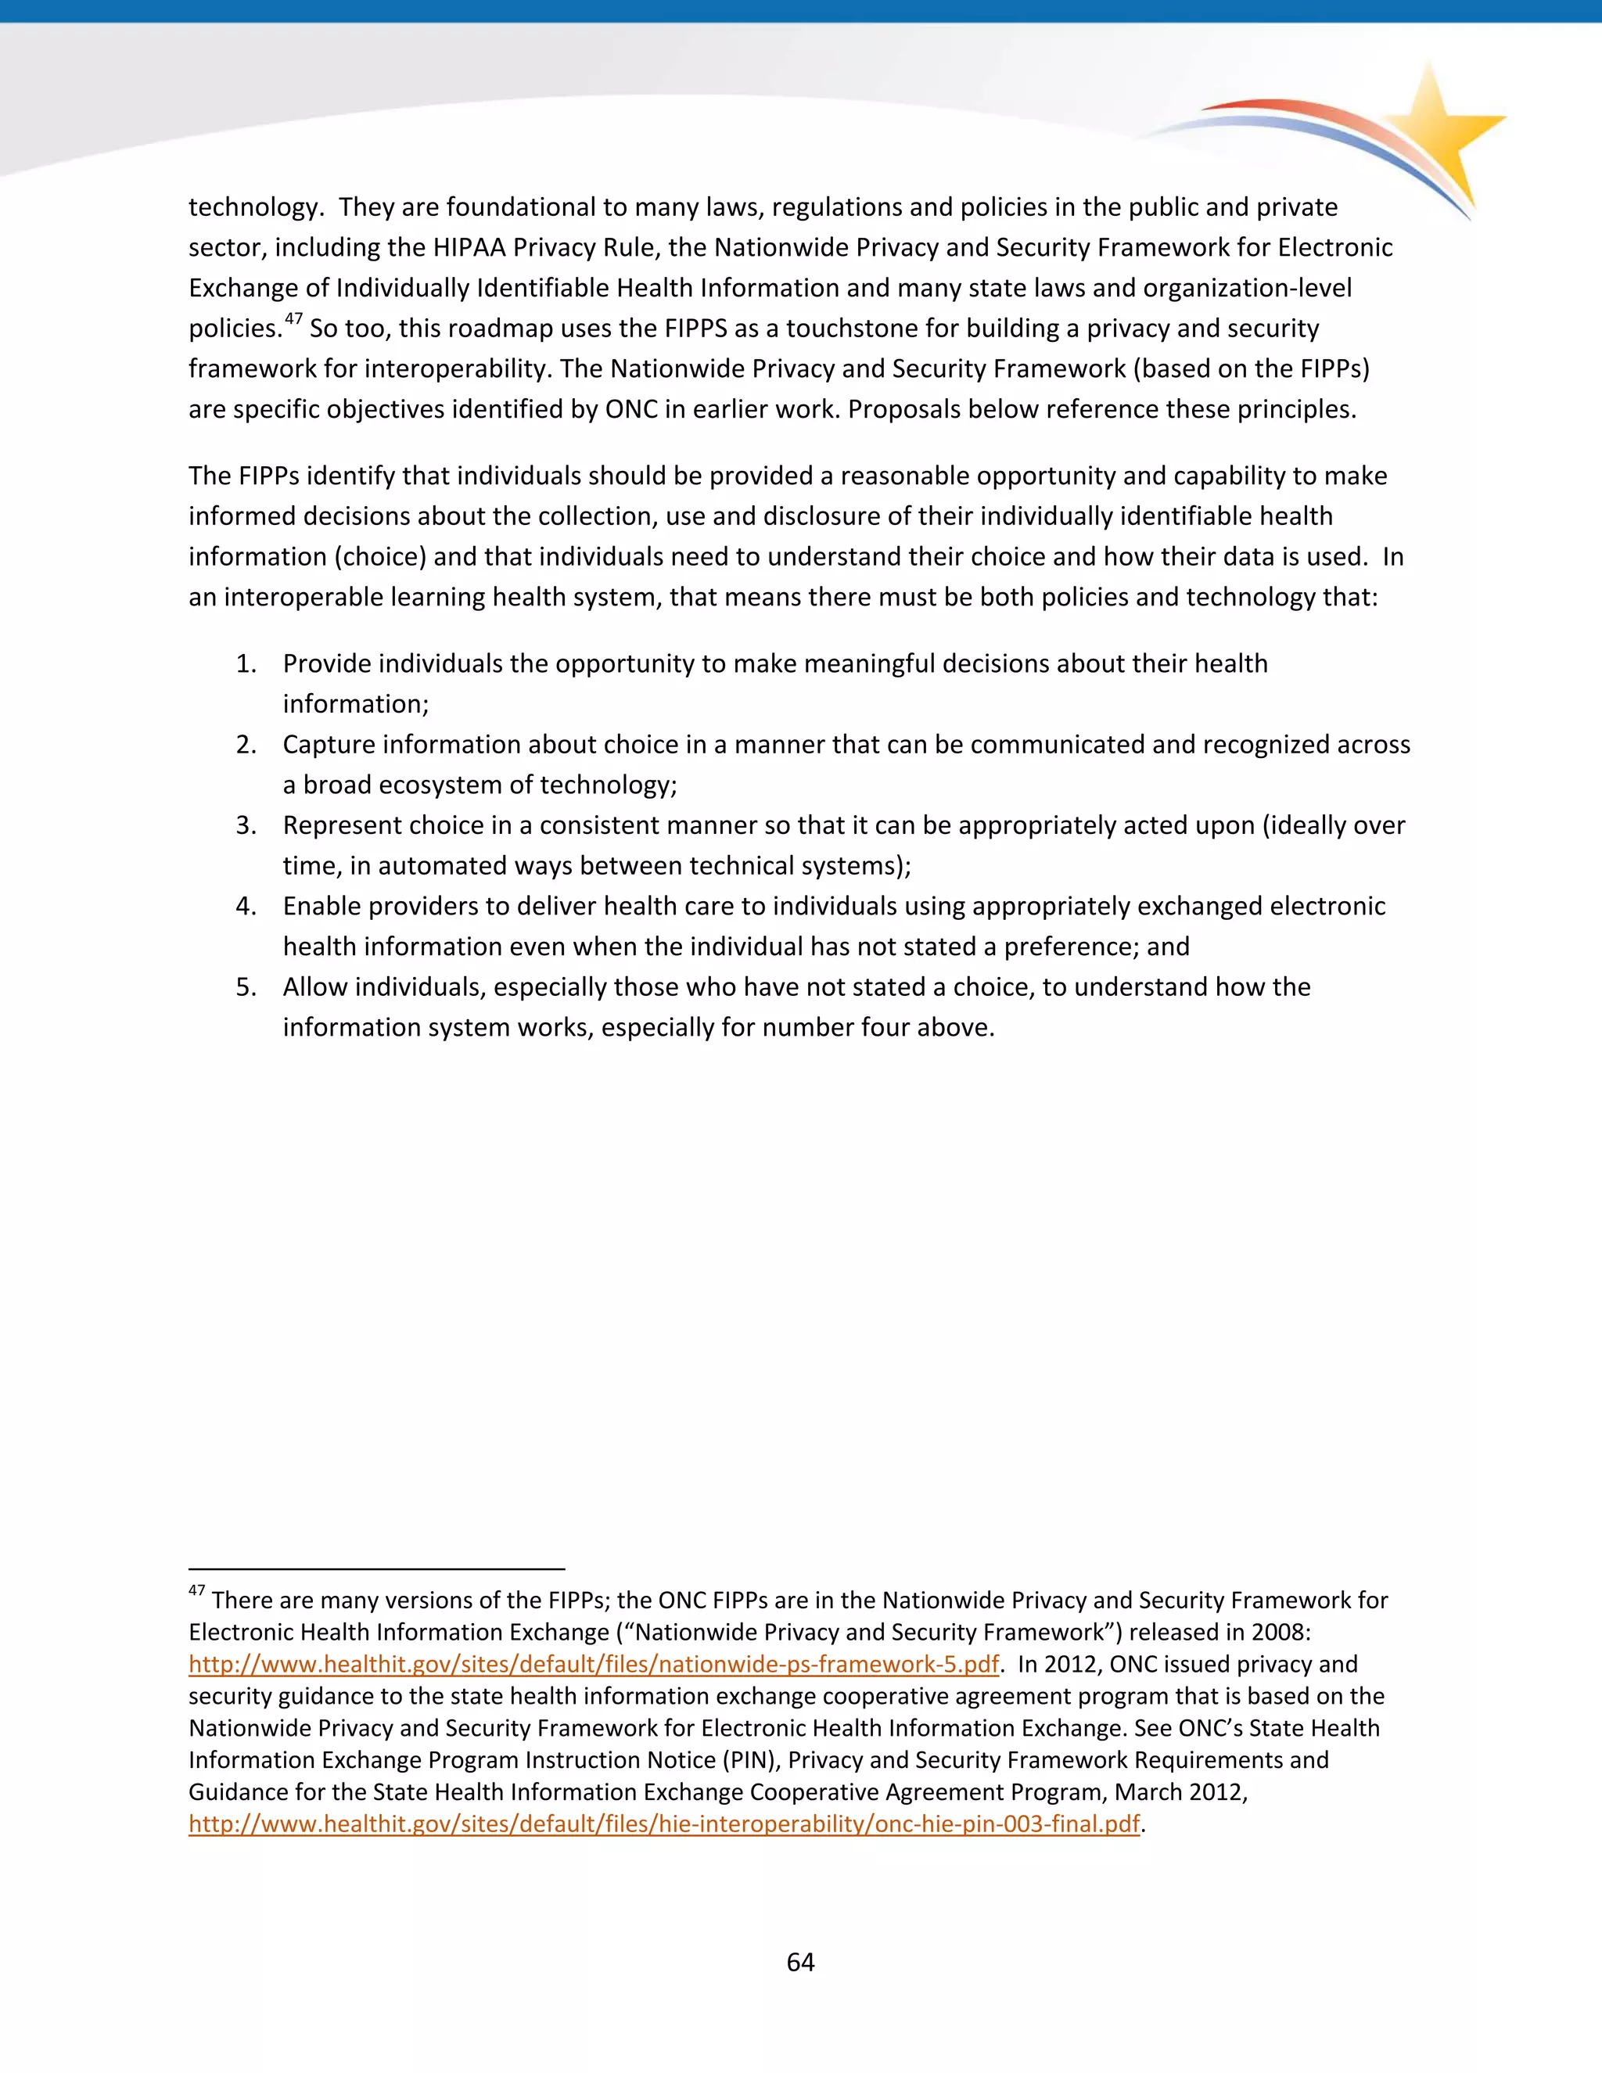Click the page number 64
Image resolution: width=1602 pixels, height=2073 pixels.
tap(800, 1962)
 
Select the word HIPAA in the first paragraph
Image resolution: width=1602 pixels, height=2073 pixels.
tap(470, 248)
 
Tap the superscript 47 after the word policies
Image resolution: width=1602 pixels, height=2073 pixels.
tap(293, 319)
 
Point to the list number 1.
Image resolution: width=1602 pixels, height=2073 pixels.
tap(246, 663)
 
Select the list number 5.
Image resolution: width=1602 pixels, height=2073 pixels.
tap(246, 987)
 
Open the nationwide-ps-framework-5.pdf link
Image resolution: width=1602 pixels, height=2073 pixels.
tap(593, 1664)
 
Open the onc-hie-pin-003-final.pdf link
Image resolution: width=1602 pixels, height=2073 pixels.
tap(663, 1823)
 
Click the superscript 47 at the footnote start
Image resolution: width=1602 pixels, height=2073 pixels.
tap(196, 1590)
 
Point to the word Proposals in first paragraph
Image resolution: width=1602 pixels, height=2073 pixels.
tap(907, 409)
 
